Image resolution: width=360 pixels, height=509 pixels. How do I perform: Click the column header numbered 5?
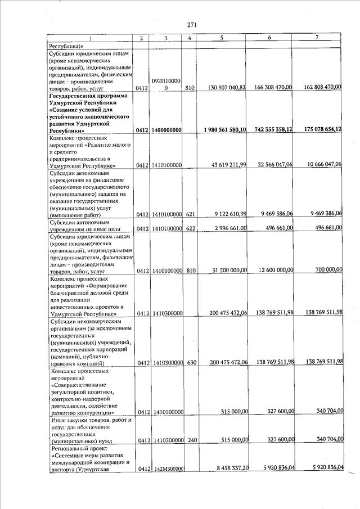pos(222,38)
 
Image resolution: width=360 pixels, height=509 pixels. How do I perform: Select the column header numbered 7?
pos(317,37)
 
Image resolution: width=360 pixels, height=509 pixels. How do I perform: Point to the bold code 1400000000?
pos(165,130)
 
